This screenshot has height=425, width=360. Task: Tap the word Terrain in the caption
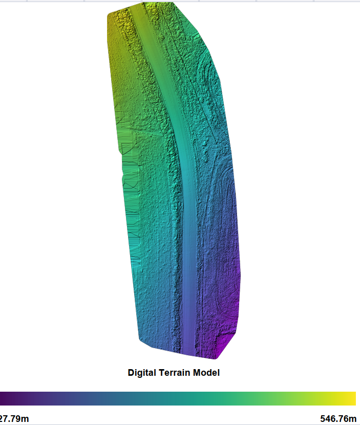(x=173, y=373)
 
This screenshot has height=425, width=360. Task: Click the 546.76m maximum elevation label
(x=337, y=419)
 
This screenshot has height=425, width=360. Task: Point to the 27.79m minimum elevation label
(x=14, y=419)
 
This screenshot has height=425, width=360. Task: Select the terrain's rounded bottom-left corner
(x=141, y=338)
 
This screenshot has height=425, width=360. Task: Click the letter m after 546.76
(x=352, y=419)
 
